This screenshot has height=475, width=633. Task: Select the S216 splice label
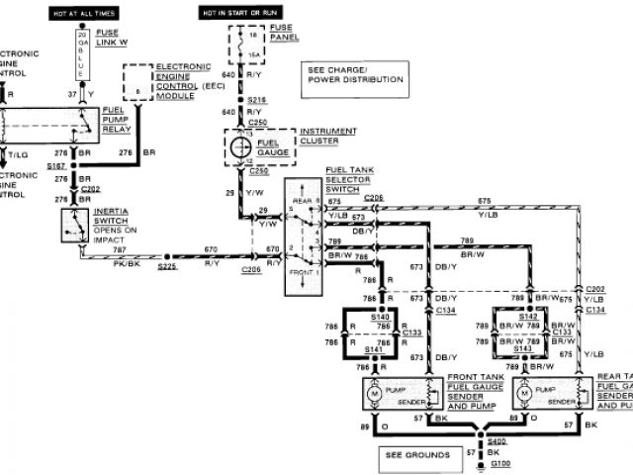[x=257, y=100]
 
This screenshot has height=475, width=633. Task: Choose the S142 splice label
[x=518, y=316]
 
